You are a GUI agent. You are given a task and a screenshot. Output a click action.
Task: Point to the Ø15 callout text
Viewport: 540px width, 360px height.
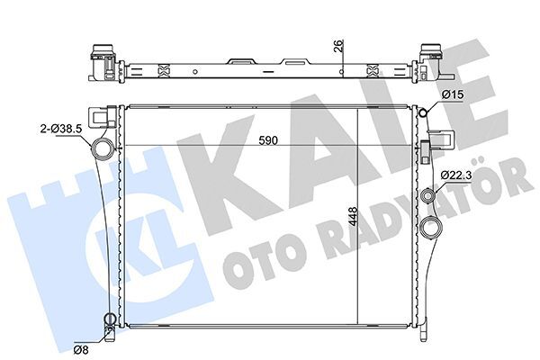[452, 94]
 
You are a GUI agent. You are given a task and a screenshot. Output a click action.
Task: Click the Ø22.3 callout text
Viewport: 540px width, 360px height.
[456, 174]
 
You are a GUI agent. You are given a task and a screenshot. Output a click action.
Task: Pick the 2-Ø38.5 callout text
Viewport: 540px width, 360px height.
[61, 129]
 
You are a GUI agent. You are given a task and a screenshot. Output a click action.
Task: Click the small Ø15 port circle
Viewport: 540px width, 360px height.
[423, 112]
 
